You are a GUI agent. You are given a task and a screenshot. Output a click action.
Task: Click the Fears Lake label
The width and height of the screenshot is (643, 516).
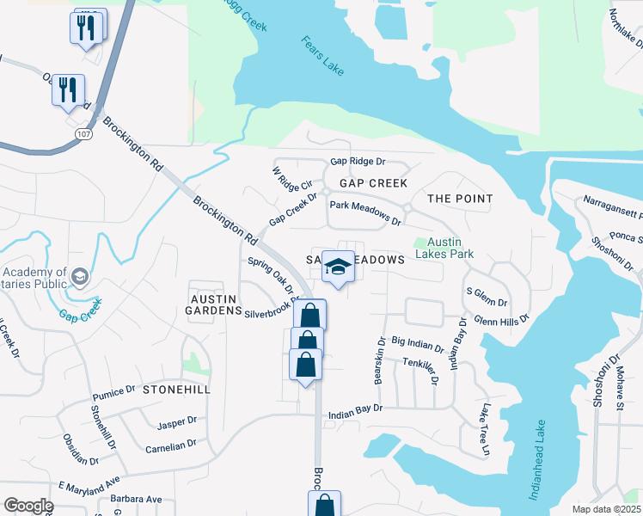(x=323, y=56)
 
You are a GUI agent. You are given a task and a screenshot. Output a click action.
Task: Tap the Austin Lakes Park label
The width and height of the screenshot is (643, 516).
(x=444, y=248)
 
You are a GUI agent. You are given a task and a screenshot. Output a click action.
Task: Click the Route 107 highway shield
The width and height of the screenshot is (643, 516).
(x=83, y=134)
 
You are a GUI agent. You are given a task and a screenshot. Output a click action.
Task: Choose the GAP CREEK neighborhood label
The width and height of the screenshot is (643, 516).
(x=373, y=184)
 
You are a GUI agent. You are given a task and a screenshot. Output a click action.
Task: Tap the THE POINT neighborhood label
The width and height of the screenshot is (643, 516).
(x=460, y=199)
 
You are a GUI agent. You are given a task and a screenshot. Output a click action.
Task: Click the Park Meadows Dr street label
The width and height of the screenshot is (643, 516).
(x=365, y=213)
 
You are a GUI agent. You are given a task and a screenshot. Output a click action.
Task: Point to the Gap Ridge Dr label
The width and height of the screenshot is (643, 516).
(x=358, y=162)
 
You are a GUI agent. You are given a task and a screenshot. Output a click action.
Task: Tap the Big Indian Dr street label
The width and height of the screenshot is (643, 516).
(x=417, y=345)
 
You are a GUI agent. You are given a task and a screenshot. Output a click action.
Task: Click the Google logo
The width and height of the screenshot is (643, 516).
(x=29, y=506)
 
